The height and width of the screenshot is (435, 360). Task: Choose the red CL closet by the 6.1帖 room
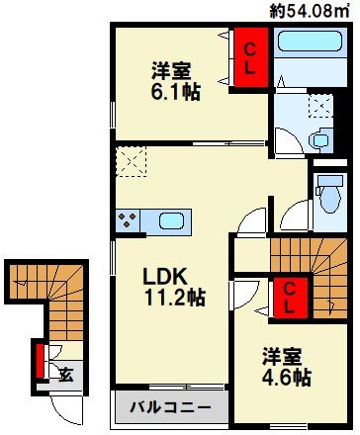tap(250, 58)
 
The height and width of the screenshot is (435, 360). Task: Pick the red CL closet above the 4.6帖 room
tap(289, 297)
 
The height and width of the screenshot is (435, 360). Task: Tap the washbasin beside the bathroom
tap(322, 138)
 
